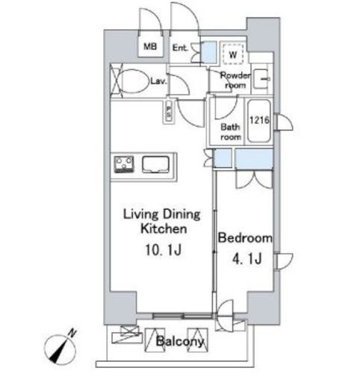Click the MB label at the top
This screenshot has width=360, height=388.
pyautogui.click(x=150, y=46)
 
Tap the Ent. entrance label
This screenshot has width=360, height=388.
pyautogui.click(x=180, y=48)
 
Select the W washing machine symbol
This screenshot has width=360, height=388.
pyautogui.click(x=233, y=54)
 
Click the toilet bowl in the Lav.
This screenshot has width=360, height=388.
pyautogui.click(x=132, y=81)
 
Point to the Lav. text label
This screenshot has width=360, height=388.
pyautogui.click(x=158, y=81)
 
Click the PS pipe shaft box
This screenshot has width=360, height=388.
pyautogui.click(x=169, y=112)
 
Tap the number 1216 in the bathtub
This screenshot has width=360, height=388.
pyautogui.click(x=259, y=120)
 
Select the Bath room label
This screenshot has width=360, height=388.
pyautogui.click(x=231, y=132)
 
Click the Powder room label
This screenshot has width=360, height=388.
pyautogui.click(x=235, y=80)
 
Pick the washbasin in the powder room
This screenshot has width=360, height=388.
pyautogui.click(x=261, y=79)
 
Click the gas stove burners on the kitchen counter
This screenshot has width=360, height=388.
pyautogui.click(x=124, y=164)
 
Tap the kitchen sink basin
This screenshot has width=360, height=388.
pyautogui.click(x=155, y=164)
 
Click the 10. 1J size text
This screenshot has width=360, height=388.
pyautogui.click(x=163, y=250)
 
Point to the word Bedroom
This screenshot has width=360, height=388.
pyautogui.click(x=245, y=238)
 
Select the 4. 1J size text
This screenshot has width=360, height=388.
pyautogui.click(x=247, y=258)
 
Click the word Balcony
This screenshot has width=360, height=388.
pyautogui.click(x=180, y=341)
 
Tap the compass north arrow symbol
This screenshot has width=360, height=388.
pyautogui.click(x=60, y=349)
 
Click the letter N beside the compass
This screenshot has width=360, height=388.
pyautogui.click(x=72, y=333)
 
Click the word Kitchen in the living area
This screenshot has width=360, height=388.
pyautogui.click(x=164, y=228)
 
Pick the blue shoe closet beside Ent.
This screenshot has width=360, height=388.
pyautogui.click(x=209, y=52)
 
